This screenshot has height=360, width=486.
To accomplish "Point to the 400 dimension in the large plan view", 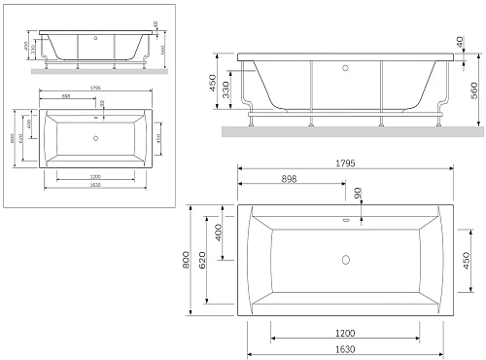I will pos(219,233).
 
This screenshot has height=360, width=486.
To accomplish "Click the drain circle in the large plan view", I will pos(345,260).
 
